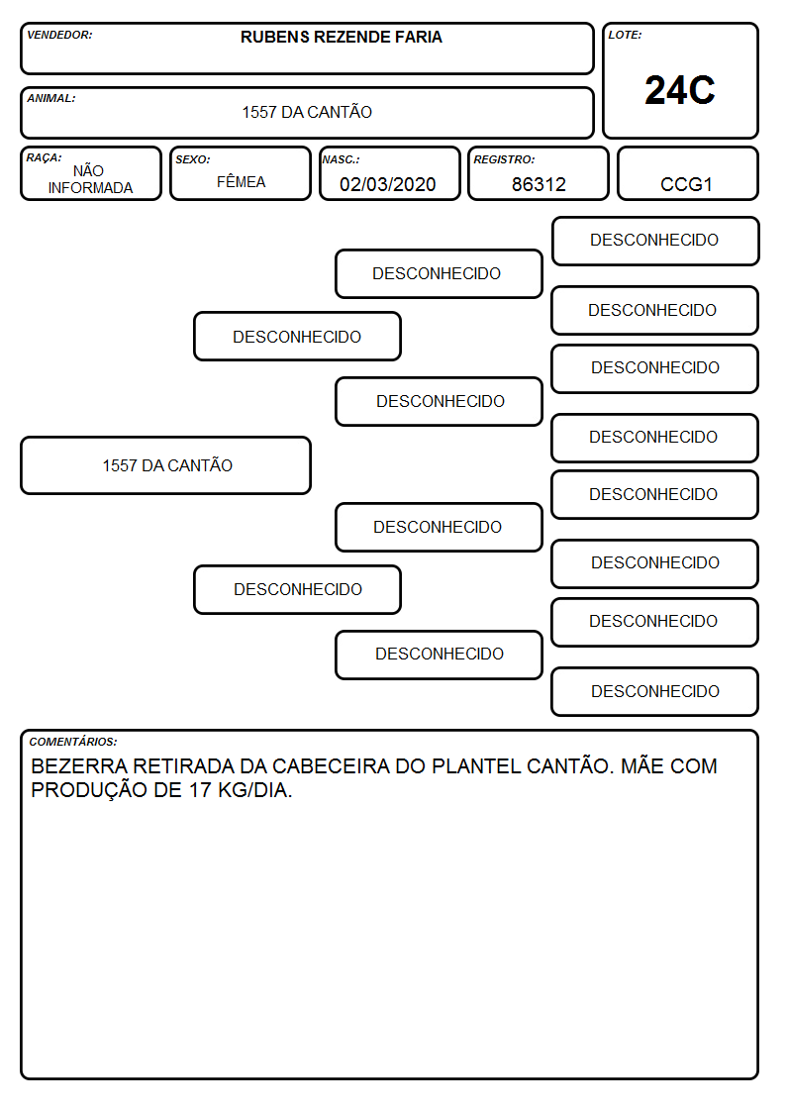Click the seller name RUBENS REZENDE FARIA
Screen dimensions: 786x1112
click(341, 37)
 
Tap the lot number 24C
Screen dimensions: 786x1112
click(680, 91)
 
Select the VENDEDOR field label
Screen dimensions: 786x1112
click(59, 35)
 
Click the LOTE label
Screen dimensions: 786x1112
click(625, 35)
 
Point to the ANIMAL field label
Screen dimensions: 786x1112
click(51, 99)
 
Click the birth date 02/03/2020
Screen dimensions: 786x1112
click(388, 184)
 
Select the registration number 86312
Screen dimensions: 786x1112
click(539, 184)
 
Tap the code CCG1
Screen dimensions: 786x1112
click(686, 184)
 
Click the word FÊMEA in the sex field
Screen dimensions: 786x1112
click(241, 181)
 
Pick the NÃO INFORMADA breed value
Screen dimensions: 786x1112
click(90, 179)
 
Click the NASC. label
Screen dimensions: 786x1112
click(341, 159)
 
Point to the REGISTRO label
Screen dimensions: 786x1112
click(504, 159)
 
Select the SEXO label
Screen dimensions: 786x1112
click(193, 159)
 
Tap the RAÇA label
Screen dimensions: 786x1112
click(44, 157)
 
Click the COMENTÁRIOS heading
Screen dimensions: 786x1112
click(73, 742)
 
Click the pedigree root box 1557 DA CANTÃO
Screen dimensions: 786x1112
click(166, 465)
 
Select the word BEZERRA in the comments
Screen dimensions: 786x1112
click(79, 766)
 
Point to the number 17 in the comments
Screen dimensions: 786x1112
click(201, 790)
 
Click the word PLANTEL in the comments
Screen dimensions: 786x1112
click(470, 766)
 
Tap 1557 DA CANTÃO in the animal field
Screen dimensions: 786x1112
click(307, 112)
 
